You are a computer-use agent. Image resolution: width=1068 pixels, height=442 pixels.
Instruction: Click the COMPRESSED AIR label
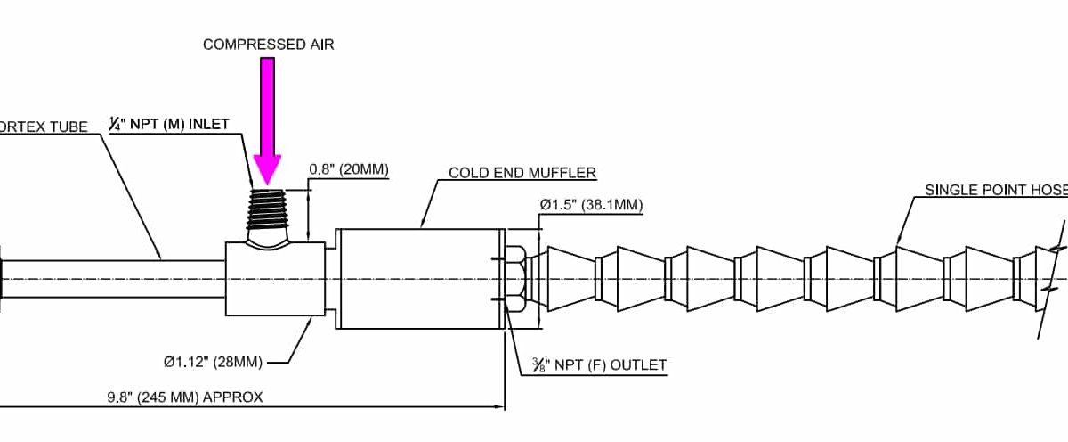(x=268, y=45)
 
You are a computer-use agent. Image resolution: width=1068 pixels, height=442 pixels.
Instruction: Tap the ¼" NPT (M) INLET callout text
(x=169, y=125)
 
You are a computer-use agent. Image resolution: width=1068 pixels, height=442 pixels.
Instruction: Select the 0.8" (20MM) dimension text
(x=349, y=169)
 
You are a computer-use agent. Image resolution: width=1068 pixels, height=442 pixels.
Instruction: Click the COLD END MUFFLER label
(x=522, y=173)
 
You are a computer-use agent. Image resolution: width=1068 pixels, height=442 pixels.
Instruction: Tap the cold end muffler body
(x=418, y=279)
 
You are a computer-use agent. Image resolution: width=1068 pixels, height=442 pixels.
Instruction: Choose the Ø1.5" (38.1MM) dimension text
(x=591, y=205)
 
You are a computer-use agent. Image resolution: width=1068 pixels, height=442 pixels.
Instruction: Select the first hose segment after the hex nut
(x=570, y=279)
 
